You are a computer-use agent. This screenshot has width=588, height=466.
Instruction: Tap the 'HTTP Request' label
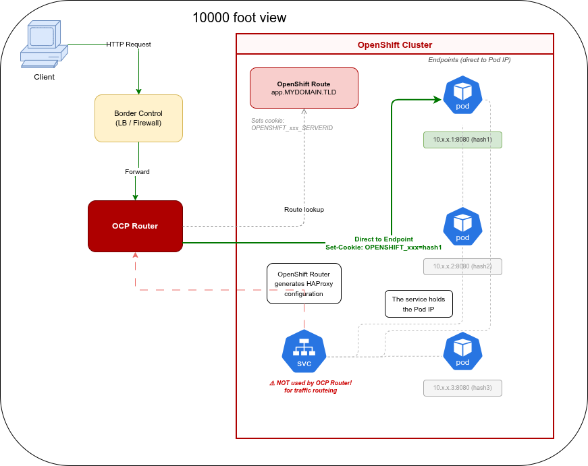128,45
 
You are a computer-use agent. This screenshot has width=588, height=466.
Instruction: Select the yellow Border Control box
138,118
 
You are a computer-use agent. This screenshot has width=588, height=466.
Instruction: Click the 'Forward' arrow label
137,172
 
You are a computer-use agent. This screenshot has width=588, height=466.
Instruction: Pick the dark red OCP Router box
135,226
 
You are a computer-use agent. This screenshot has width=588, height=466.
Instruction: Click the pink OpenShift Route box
304,88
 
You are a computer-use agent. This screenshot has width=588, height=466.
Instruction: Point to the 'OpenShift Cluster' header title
394,45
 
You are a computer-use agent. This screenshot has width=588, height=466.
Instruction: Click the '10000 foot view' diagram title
239,18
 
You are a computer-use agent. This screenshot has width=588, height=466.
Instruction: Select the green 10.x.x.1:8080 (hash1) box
462,140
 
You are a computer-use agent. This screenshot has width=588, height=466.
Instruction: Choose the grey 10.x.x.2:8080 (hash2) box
462,266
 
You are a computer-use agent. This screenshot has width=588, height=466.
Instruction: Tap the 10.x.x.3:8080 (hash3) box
462,388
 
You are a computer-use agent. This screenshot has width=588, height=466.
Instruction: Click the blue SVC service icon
304,351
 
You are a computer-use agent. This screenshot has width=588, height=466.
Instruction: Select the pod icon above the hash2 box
462,227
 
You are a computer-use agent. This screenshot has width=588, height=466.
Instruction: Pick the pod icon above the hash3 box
462,351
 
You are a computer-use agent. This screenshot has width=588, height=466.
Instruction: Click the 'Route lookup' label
304,210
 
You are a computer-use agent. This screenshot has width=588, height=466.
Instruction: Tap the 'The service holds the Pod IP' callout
419,304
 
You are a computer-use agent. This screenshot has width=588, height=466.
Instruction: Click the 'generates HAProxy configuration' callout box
304,284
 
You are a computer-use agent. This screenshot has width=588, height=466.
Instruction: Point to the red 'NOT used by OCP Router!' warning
311,386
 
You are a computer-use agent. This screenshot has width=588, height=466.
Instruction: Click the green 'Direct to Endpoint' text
383,239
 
